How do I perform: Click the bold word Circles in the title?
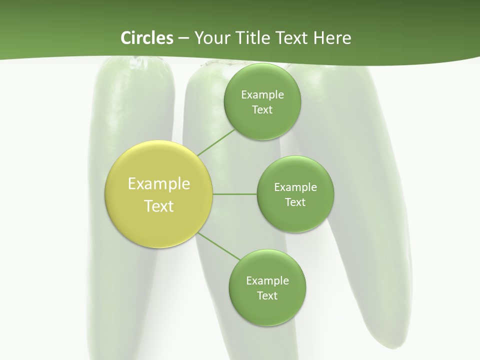click(146, 38)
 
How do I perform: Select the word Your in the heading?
click(211, 38)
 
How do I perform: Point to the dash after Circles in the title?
click(183, 38)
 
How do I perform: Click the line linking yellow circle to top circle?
click(215, 142)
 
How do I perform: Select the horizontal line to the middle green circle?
click(234, 194)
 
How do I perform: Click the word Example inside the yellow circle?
click(159, 184)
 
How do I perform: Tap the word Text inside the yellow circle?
click(159, 206)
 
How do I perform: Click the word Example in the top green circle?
click(262, 95)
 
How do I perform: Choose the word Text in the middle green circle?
click(295, 202)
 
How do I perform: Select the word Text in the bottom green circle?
click(267, 296)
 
